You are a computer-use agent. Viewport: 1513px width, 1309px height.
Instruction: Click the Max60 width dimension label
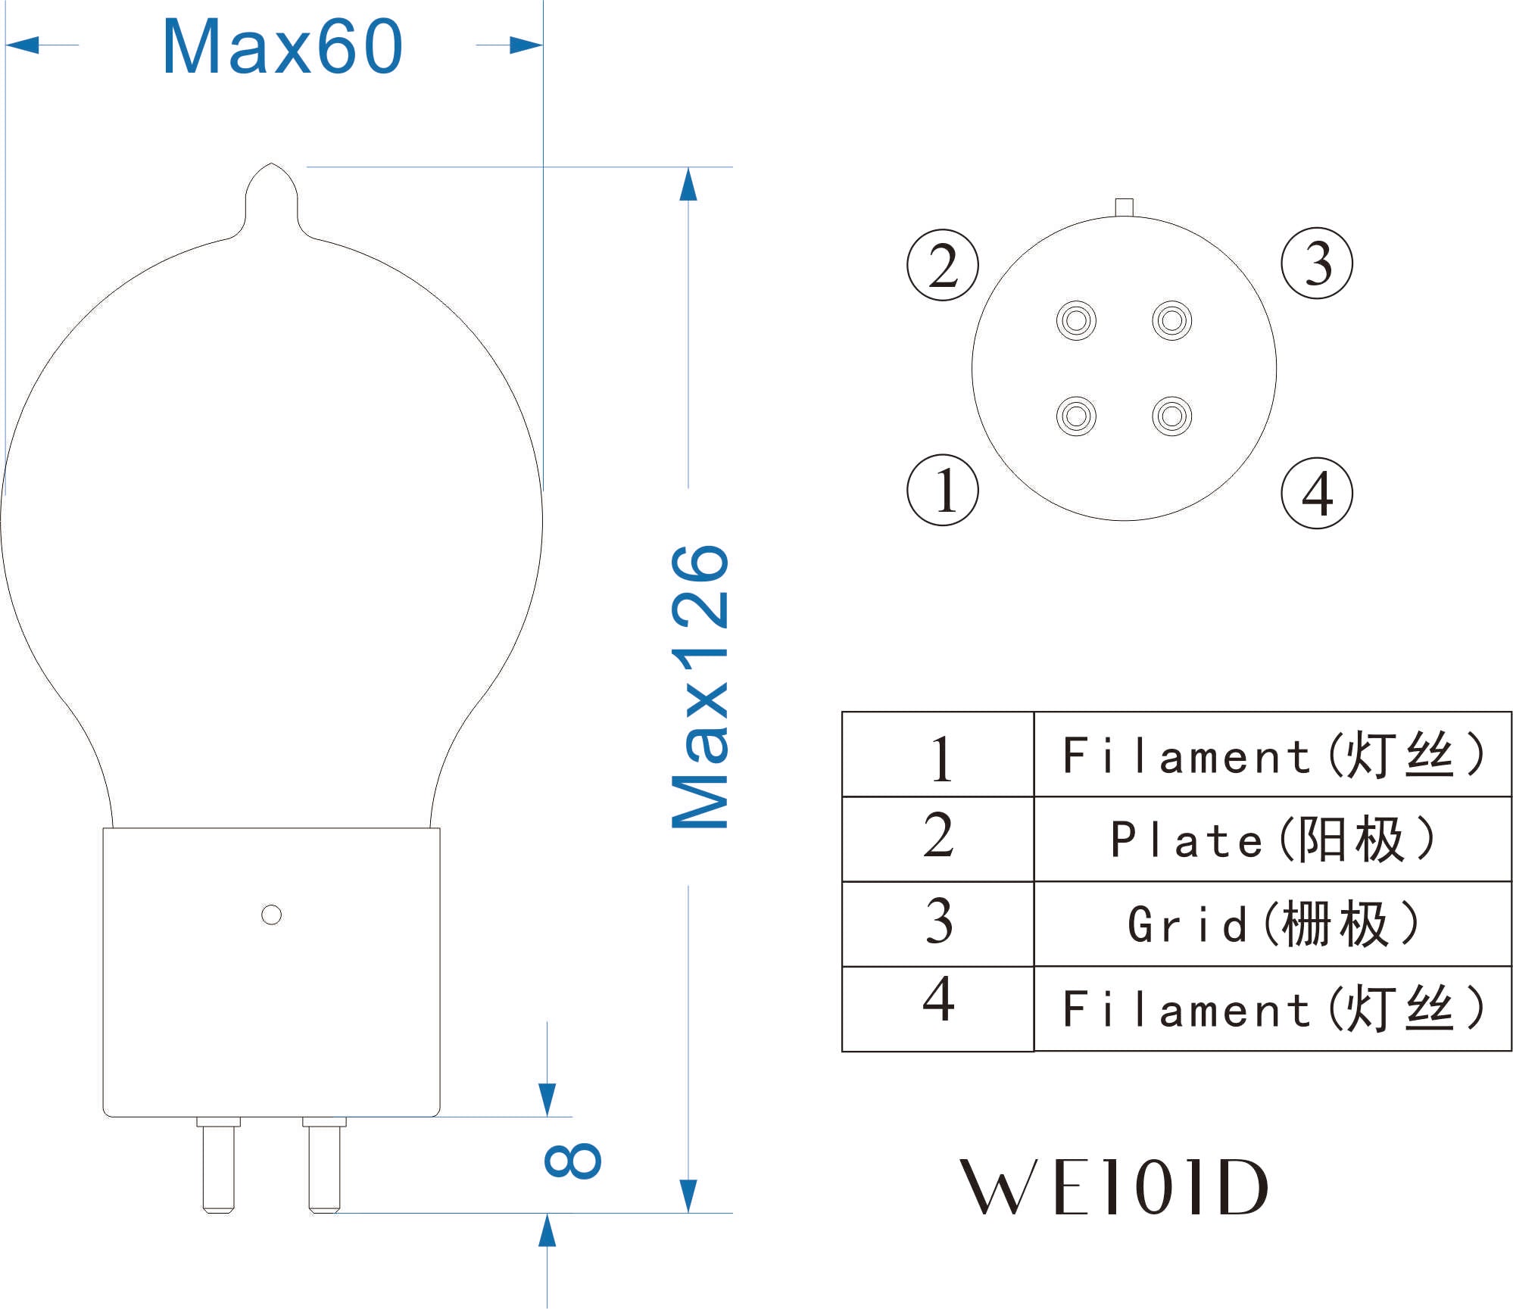pyautogui.click(x=282, y=47)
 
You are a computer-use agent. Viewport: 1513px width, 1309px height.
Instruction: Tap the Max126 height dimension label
pyautogui.click(x=700, y=686)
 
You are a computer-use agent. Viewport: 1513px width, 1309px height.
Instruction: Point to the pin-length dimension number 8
pyautogui.click(x=572, y=1160)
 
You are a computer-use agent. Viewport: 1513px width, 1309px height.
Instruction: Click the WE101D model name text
pyautogui.click(x=1113, y=1187)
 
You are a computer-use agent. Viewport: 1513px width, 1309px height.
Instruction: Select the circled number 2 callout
pyautogui.click(x=943, y=265)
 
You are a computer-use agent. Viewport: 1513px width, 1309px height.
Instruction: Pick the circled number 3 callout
pyautogui.click(x=1317, y=263)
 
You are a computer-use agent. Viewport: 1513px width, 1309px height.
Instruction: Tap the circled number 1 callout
pyautogui.click(x=943, y=490)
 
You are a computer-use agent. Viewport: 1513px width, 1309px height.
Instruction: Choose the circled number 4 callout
pyautogui.click(x=1317, y=493)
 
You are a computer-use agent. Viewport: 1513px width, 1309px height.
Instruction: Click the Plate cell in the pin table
pyautogui.click(x=1272, y=839)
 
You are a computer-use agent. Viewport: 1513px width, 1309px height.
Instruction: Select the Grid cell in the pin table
pyautogui.click(x=1272, y=924)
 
